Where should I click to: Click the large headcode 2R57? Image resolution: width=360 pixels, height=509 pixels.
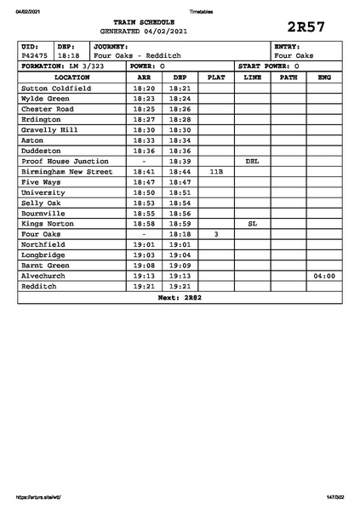click(x=306, y=26)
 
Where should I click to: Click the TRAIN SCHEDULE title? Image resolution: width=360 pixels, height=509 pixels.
click(x=143, y=21)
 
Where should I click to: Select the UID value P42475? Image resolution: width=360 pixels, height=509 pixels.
click(x=35, y=55)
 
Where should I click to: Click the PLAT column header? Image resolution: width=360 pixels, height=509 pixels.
click(x=216, y=77)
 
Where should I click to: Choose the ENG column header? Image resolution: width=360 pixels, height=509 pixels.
click(x=323, y=77)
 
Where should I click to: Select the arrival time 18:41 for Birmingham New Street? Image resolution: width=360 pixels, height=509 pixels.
click(x=144, y=171)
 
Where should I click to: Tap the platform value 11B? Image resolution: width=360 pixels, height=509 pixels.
click(x=216, y=171)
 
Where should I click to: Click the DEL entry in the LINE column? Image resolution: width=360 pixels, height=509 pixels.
click(x=252, y=161)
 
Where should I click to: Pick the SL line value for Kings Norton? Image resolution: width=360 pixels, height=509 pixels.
click(x=252, y=223)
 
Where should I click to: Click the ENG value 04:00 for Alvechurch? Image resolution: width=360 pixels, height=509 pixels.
click(x=324, y=276)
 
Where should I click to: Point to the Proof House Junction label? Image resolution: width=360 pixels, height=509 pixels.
click(x=65, y=161)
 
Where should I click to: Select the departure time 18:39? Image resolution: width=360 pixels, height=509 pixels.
click(x=180, y=161)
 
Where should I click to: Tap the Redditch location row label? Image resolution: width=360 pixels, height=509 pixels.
click(x=38, y=286)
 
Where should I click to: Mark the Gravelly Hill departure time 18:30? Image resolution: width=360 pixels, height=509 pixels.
click(x=180, y=129)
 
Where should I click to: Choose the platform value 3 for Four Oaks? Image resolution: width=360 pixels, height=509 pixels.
click(x=216, y=233)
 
